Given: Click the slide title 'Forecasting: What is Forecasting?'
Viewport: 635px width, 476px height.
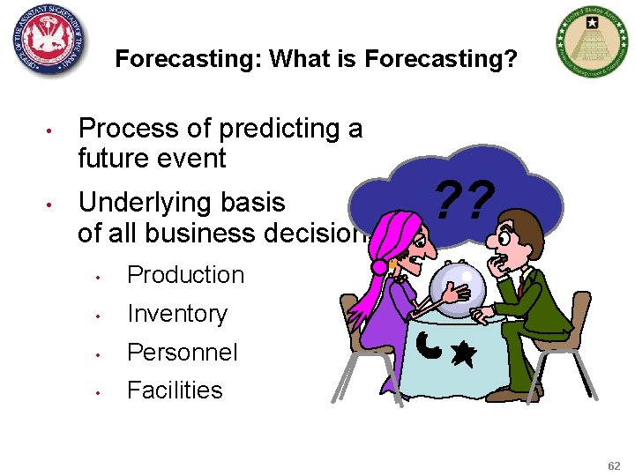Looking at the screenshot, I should click(316, 59).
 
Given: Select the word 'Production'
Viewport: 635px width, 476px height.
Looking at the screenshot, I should click(185, 275).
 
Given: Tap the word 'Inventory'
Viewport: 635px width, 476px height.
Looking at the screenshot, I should click(177, 314).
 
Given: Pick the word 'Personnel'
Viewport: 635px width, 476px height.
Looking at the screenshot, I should click(183, 353).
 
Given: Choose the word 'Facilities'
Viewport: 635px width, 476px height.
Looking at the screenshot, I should click(175, 390).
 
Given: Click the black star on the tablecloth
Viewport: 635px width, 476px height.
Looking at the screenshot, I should click(462, 355).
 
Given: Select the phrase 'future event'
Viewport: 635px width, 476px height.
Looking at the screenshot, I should click(152, 160).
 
